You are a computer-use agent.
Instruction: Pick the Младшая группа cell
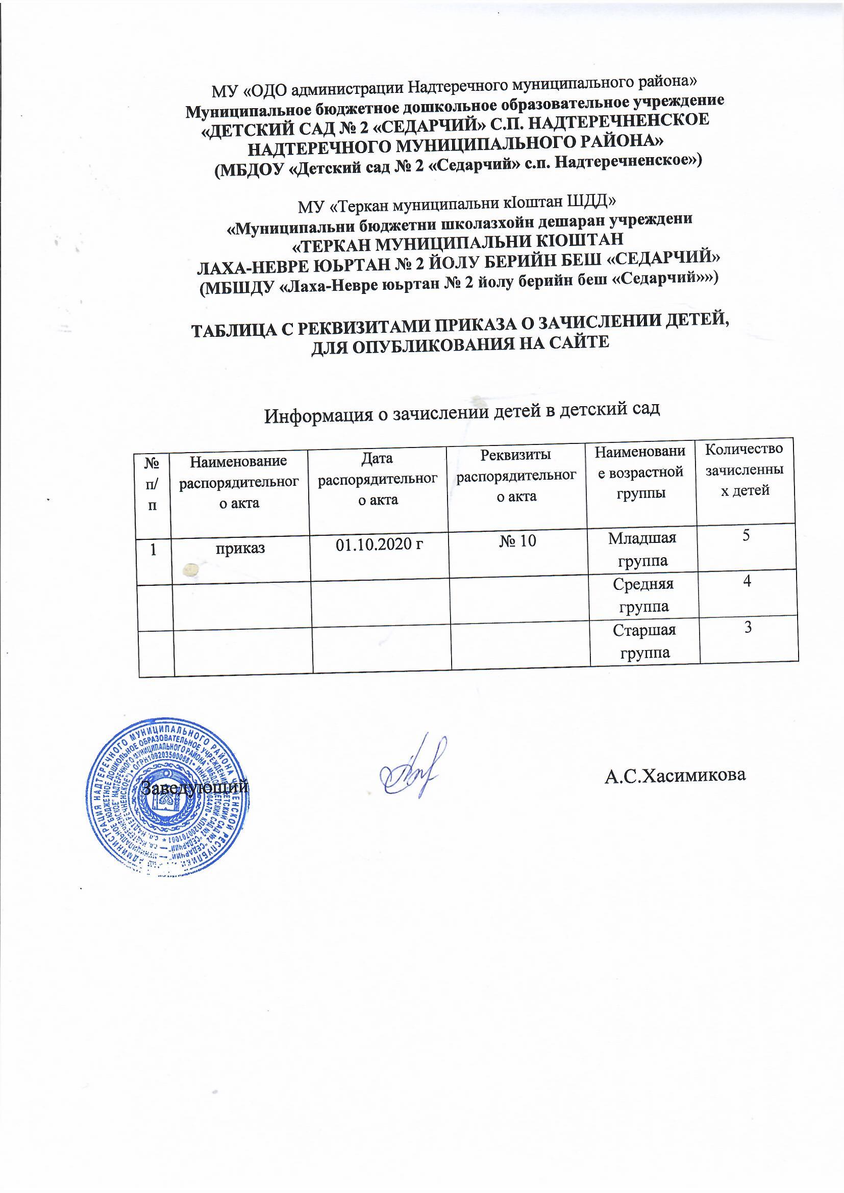pos(642,549)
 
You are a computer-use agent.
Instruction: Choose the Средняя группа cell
pos(643,595)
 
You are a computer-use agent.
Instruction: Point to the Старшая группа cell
pos(644,641)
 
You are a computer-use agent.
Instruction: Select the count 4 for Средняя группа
pos(747,582)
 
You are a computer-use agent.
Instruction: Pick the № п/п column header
pos(152,483)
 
